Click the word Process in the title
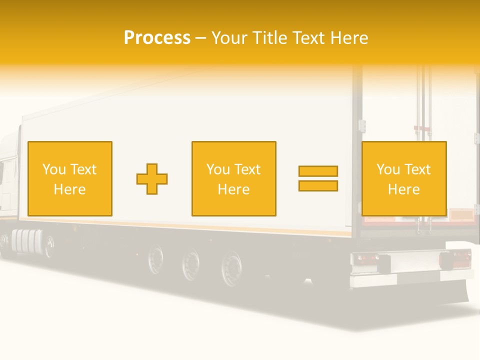(157, 37)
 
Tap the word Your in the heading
(230, 37)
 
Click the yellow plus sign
(152, 179)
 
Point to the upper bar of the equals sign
(318, 171)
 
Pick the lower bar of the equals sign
(318, 185)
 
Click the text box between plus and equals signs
(233, 178)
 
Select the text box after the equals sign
(403, 178)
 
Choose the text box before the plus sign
(69, 178)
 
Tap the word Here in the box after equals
(403, 189)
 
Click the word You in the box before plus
(53, 169)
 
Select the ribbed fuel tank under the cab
(25, 241)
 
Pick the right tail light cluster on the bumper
(455, 258)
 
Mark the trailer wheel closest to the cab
(156, 258)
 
